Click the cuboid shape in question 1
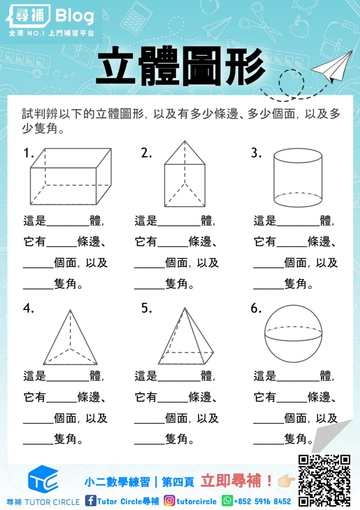pos(71,177)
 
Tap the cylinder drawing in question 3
pos(298,178)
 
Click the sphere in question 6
pos(293,334)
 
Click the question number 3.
pos(256,153)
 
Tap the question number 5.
pos(146,308)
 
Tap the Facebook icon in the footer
pos(90,501)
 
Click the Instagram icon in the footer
pos(169,501)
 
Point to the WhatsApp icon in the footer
pos(227,501)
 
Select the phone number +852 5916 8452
pos(263,501)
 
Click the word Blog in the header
pos(74,16)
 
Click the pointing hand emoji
pos(286,481)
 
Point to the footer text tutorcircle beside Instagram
pos(196,501)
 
